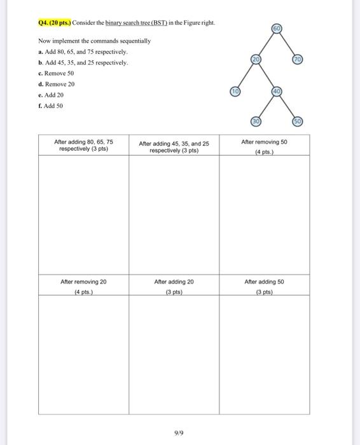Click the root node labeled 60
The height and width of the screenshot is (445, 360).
(276, 29)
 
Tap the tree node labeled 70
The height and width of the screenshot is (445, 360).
(298, 59)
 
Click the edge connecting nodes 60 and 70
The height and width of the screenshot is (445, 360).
(287, 44)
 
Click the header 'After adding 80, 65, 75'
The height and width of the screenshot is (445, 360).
(83, 145)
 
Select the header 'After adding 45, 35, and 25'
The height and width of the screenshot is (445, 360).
(174, 147)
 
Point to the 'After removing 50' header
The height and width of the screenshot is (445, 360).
(265, 142)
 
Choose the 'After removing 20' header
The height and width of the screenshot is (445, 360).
(83, 281)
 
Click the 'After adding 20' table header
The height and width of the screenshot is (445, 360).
(174, 281)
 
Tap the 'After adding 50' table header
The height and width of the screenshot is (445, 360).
(265, 281)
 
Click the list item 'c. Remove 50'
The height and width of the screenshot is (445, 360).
(56, 73)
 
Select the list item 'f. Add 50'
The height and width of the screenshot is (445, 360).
(51, 106)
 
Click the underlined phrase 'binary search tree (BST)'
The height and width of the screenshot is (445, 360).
(136, 24)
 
